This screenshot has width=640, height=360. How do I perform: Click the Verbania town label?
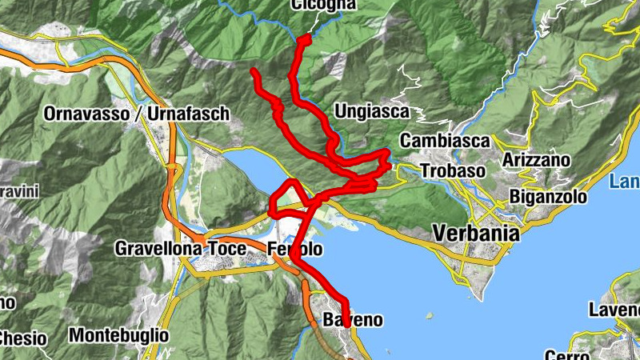tap(475, 234)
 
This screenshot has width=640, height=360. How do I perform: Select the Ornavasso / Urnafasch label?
tap(136, 114)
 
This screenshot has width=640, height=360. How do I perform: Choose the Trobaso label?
tap(453, 171)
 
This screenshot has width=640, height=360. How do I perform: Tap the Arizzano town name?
tap(536, 160)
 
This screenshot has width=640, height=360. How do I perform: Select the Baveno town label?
tap(353, 321)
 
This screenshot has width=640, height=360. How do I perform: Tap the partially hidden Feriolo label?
tap(295, 249)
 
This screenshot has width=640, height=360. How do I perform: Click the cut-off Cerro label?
tap(568, 354)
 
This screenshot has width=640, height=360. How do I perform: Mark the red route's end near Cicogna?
tap(303, 38)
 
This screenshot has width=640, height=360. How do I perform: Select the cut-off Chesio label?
tap(22, 338)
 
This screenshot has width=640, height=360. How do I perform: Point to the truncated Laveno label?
tap(614, 310)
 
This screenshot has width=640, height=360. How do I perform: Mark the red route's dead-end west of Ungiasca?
tap(254, 72)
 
